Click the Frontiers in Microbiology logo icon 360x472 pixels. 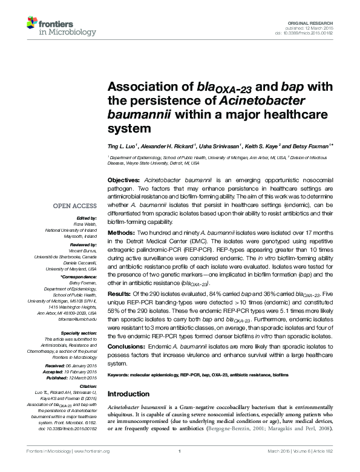[x=34, y=23]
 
